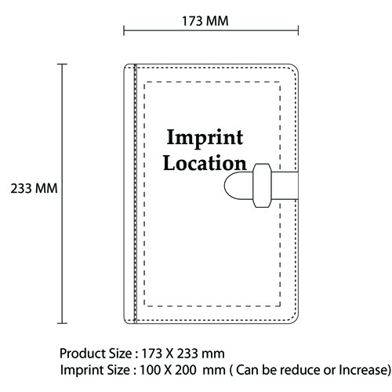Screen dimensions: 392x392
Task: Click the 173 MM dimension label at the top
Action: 205,21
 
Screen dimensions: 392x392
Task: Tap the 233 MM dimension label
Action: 34,188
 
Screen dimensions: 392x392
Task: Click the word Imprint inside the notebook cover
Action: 205,138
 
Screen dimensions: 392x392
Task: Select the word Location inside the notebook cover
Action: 205,163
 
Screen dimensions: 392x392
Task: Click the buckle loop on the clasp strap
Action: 262,186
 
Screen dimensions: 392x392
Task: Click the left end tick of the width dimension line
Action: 124,31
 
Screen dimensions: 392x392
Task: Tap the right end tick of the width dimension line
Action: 298,31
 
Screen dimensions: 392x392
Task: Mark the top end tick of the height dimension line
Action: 62,64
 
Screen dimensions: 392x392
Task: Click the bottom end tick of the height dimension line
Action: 62,323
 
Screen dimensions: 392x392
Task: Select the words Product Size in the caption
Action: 96,354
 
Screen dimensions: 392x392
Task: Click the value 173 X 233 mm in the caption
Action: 183,354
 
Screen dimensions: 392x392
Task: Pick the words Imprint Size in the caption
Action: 95,370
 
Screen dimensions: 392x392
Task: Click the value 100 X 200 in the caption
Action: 168,370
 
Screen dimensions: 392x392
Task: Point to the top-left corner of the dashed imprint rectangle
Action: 144,82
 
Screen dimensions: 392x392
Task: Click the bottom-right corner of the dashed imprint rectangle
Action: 280,306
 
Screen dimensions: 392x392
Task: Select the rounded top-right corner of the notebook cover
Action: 296,67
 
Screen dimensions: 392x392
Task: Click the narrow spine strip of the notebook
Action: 130,194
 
